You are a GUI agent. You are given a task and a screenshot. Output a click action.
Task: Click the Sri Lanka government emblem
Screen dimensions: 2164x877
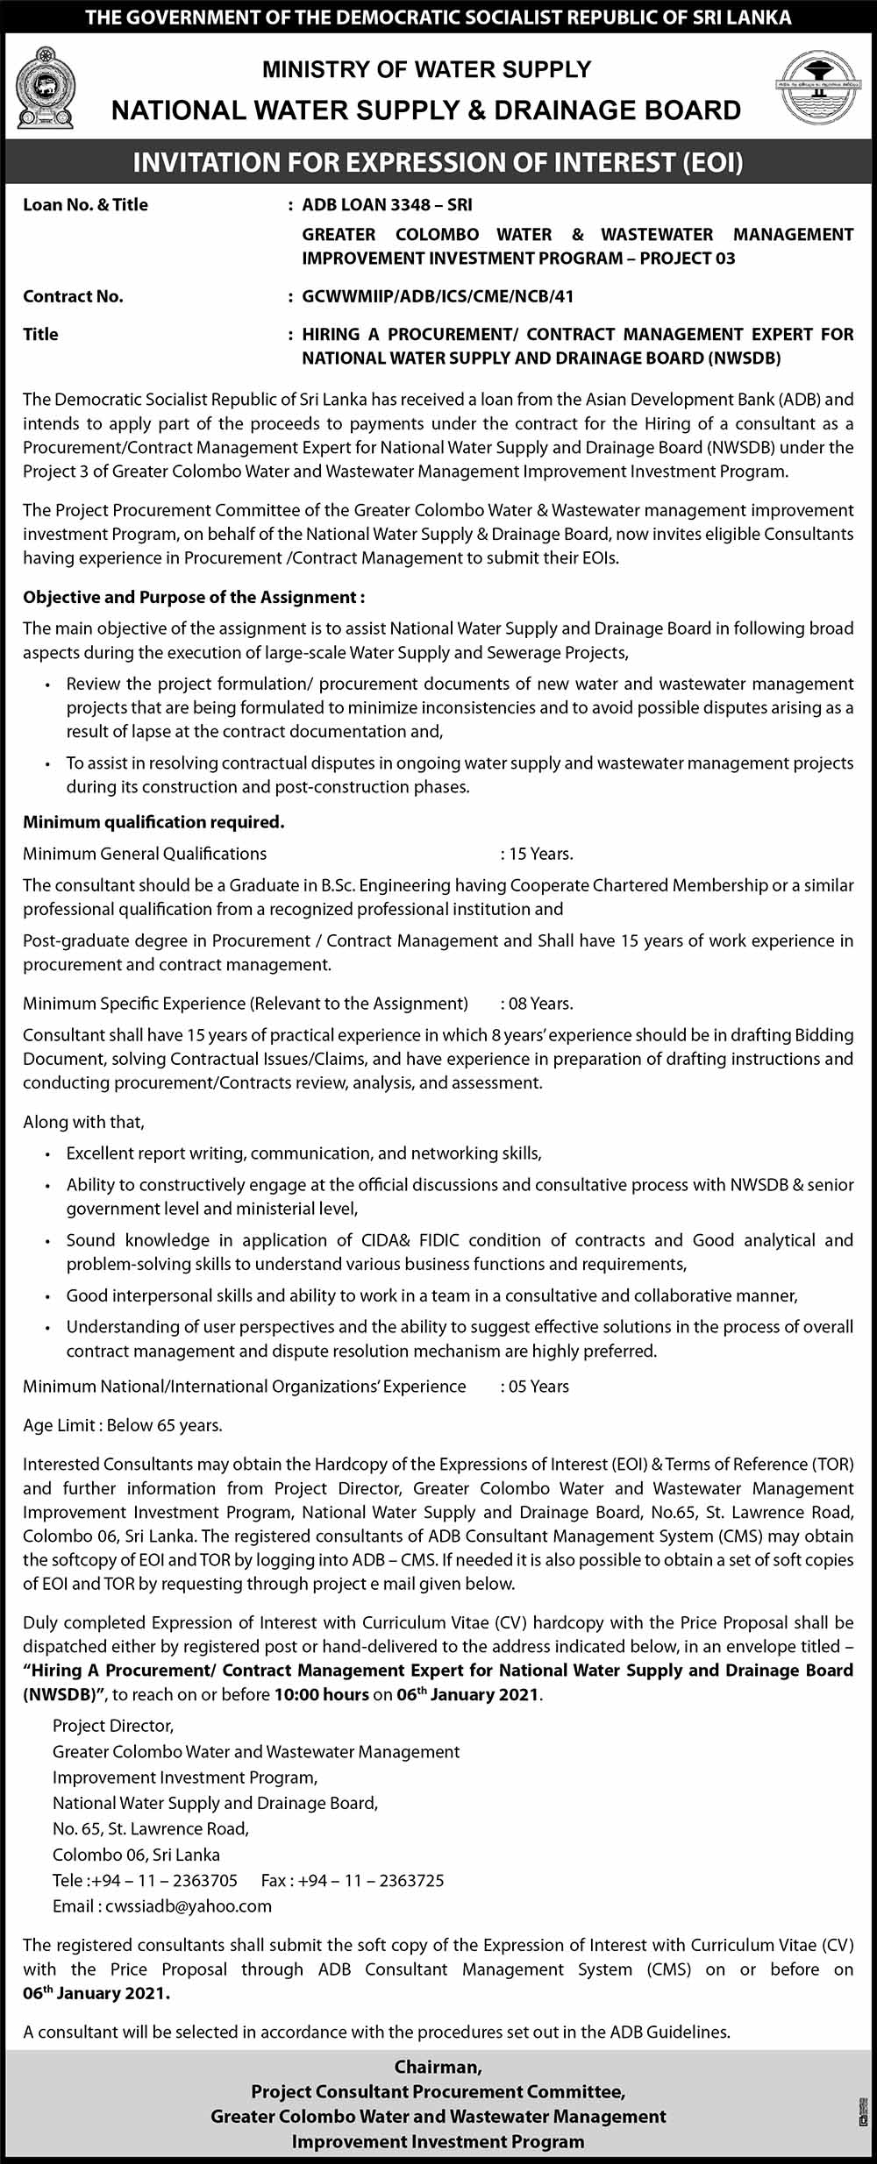point(45,89)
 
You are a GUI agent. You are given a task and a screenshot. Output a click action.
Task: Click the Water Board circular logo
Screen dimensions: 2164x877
point(819,88)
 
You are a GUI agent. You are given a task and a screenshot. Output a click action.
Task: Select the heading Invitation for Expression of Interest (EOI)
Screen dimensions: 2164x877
point(438,162)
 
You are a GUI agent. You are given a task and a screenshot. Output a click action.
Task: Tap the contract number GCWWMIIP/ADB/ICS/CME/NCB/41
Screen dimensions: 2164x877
point(438,296)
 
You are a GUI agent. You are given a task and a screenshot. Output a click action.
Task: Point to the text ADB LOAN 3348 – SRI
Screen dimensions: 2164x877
point(387,205)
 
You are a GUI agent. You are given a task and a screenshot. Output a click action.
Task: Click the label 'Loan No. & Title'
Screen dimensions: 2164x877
point(85,205)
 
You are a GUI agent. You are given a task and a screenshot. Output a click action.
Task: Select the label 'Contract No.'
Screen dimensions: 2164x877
point(73,296)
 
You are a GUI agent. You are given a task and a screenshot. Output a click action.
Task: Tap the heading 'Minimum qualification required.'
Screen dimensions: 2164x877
point(153,822)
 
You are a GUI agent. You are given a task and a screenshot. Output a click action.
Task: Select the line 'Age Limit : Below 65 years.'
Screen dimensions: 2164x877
point(123,1425)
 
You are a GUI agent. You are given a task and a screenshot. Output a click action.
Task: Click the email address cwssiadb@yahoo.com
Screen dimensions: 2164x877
point(189,1906)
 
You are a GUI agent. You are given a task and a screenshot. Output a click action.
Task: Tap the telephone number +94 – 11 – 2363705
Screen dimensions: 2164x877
point(174,1880)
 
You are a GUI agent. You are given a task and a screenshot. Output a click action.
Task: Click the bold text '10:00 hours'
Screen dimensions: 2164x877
point(321,1694)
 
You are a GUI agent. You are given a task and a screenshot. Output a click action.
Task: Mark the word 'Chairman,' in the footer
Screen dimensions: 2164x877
point(438,2067)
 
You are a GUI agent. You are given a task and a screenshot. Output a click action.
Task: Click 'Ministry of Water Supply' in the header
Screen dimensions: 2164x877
point(426,69)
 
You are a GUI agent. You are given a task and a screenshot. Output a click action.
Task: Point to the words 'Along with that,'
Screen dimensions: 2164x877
point(84,1122)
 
